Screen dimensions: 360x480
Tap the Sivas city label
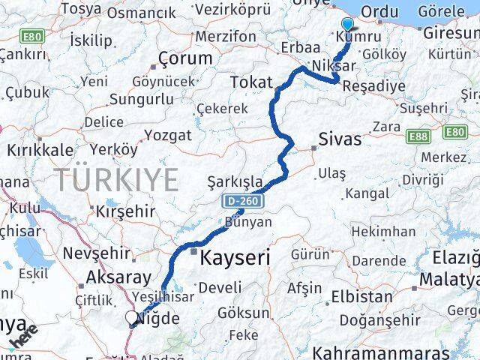pos(340,139)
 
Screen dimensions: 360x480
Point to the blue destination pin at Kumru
pos(347,25)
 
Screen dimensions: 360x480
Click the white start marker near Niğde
pos(133,318)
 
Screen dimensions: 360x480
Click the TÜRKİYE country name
pos(115,180)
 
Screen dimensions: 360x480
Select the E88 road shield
pos(418,136)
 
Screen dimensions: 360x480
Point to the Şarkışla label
pos(235,181)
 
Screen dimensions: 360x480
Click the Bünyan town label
pos(248,222)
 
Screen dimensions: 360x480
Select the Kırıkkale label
pos(36,150)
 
